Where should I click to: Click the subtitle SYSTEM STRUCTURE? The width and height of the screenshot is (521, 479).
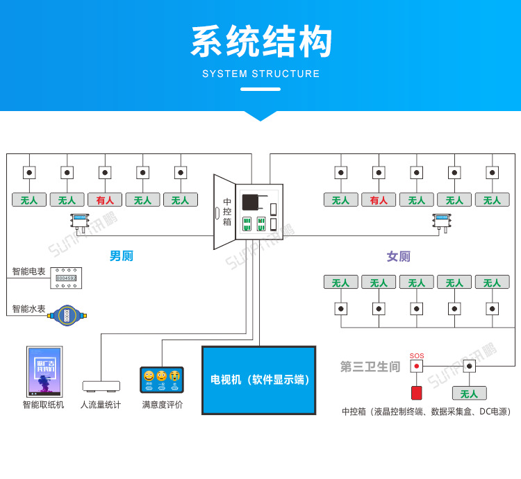pos(260,74)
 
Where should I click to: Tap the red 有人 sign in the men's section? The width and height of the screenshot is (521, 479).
pos(105,200)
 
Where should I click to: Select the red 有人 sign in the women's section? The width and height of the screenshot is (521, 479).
pos(379,200)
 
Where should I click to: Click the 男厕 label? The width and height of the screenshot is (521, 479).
pos(121,255)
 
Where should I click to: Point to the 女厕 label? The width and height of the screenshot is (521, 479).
pos(398,256)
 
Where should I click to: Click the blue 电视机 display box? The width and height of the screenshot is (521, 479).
pos(259,380)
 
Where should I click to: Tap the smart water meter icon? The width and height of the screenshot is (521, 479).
pos(67,315)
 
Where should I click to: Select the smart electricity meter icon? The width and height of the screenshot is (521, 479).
pos(66,278)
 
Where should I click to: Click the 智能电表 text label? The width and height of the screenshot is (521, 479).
pos(28,271)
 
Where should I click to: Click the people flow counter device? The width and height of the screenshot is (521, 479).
pos(101,385)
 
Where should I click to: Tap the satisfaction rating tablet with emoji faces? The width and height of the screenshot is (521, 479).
pos(162,380)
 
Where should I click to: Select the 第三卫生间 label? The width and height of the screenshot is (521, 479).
pos(370,367)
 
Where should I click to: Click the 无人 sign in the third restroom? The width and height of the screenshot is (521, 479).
pos(469,394)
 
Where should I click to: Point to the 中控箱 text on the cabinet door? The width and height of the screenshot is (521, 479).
pos(226,212)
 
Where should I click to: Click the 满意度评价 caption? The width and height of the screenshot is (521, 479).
pos(163,404)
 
